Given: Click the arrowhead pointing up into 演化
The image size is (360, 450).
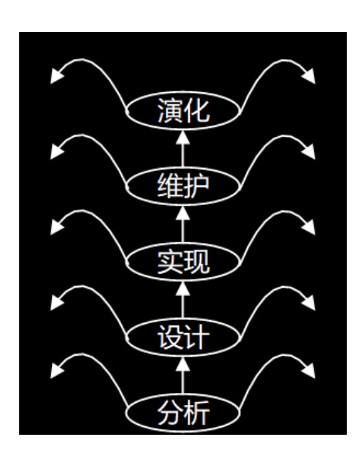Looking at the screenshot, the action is [182, 137].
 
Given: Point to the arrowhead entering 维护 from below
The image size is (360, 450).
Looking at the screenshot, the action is [182, 212].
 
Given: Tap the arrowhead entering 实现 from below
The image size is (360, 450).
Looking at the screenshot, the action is [182, 288].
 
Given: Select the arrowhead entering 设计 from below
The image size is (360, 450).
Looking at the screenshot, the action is [182, 364].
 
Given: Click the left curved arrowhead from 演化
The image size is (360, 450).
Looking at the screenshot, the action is [56, 76].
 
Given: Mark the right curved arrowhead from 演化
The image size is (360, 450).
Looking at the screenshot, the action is [309, 76].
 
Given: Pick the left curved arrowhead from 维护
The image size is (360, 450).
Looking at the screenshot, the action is [56, 152].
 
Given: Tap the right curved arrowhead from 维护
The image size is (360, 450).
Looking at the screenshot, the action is [309, 152].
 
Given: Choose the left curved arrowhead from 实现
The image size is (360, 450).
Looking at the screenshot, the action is [56, 228].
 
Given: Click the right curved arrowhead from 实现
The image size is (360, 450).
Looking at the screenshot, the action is [309, 228].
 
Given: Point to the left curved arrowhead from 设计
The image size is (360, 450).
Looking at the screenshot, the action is [56, 303].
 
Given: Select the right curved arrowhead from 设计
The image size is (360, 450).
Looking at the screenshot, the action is [309, 303].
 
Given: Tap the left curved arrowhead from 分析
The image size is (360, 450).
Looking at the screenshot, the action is [56, 371].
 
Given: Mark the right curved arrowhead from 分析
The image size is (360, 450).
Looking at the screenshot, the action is [309, 371].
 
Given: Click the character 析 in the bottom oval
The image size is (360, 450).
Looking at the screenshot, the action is [197, 413].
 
